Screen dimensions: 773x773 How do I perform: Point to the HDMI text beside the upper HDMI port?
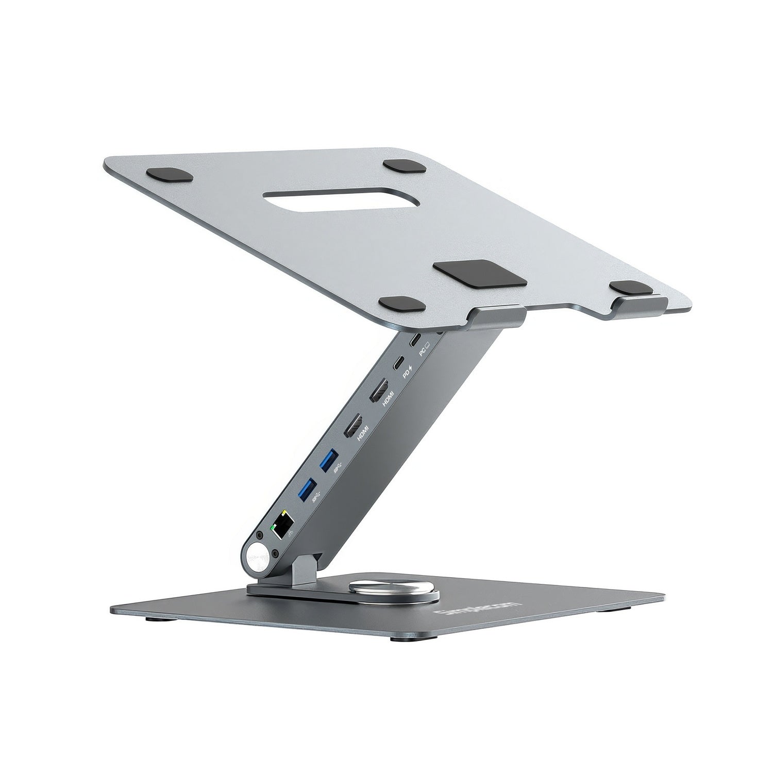pyautogui.click(x=388, y=398)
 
